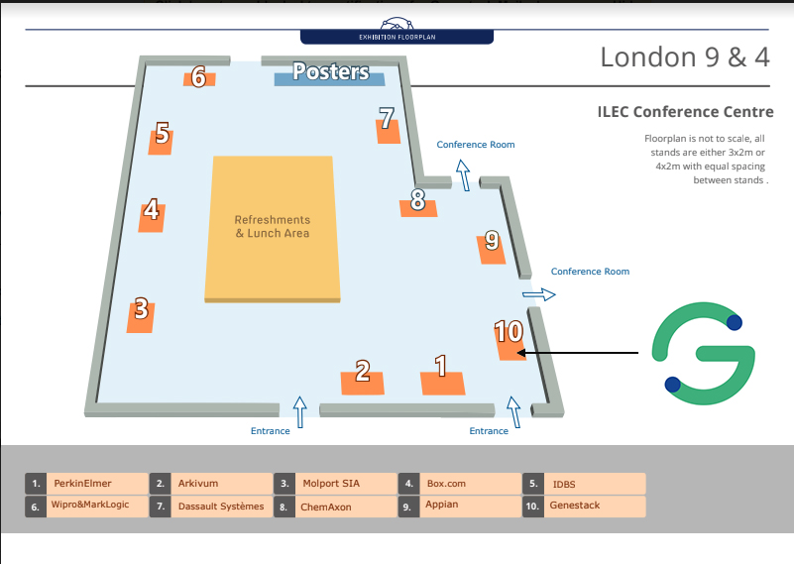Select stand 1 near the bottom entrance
441,372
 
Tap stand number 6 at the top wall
198,77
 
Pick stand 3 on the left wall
141,313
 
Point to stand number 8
417,202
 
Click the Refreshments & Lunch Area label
272,227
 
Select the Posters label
330,72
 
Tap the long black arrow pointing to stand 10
580,352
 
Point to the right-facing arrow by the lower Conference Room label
540,294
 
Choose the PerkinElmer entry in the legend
83,484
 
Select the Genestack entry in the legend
575,506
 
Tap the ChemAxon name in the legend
327,507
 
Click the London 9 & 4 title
685,57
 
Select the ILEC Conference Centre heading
685,112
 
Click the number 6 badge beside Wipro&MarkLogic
35,506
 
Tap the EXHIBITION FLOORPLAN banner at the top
397,38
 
